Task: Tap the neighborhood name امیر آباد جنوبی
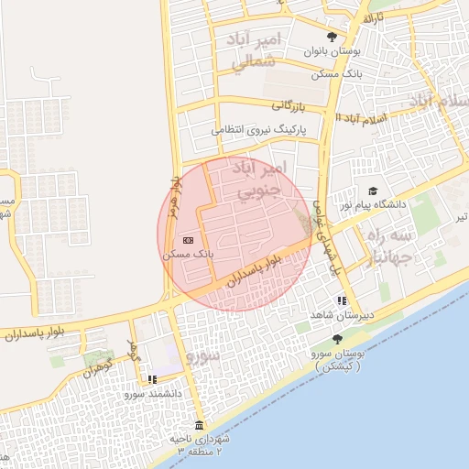coord(260,180)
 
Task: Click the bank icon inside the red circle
coord(189,240)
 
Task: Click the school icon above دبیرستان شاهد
coord(342,300)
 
